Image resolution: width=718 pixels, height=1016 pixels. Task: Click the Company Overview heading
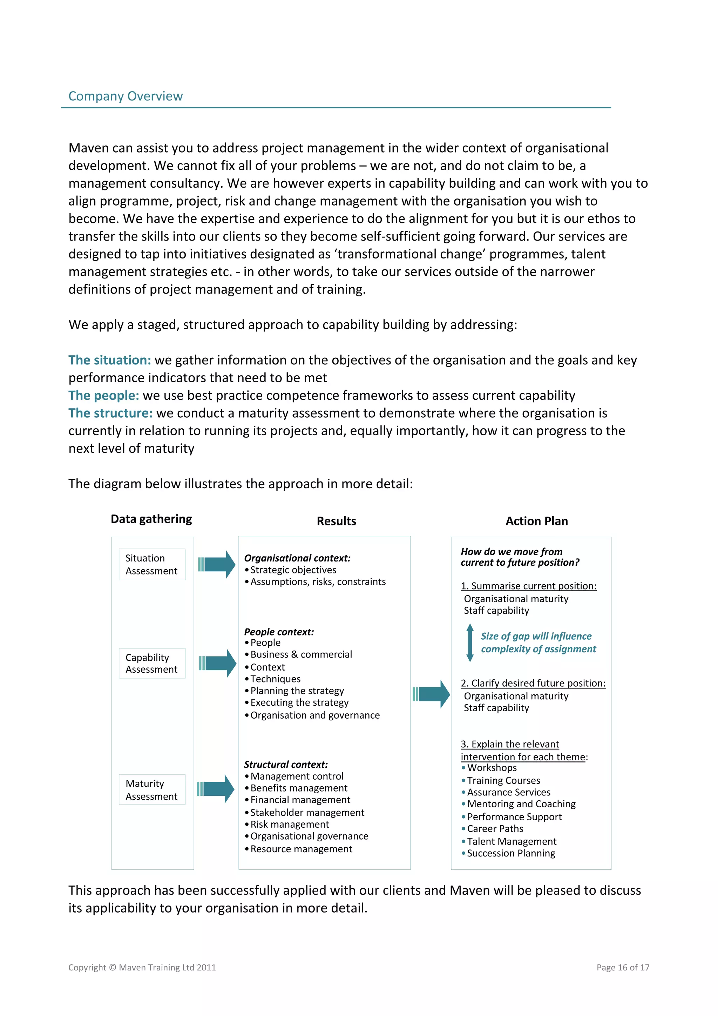pos(125,96)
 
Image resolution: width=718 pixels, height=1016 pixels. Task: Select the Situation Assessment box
pos(152,564)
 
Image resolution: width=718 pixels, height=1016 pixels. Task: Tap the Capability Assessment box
pos(152,663)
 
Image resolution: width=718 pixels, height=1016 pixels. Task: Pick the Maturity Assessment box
pos(152,790)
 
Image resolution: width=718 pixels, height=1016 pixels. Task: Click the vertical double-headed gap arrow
pos(470,642)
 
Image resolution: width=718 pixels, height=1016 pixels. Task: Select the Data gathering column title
pos(151,519)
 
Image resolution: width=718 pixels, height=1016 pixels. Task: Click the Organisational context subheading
pos(297,558)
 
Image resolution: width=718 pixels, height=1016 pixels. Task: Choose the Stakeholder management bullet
pos(307,813)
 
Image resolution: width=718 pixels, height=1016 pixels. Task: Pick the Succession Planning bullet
pos(510,853)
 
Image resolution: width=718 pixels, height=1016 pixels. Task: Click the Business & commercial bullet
pos(301,654)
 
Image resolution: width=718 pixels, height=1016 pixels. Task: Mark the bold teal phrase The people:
pos(103,395)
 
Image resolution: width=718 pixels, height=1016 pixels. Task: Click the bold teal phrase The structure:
pos(110,413)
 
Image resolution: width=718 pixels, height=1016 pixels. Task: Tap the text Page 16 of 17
pos(622,967)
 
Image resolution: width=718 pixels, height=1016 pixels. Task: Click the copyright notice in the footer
pos(142,967)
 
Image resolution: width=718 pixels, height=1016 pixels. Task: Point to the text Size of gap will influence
pos(536,636)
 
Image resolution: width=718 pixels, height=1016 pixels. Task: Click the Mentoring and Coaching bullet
pos(521,804)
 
